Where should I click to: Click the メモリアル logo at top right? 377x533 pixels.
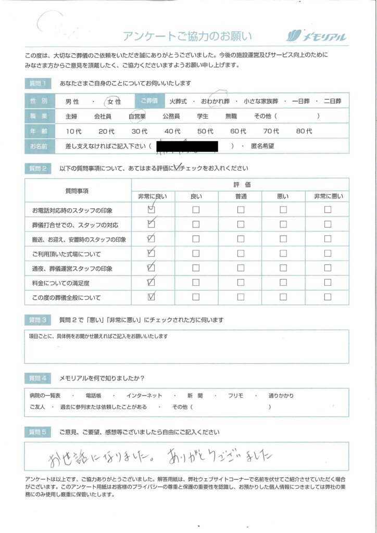click(x=316, y=36)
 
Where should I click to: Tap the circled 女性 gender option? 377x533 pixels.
click(x=114, y=102)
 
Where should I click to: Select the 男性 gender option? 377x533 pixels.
click(x=72, y=102)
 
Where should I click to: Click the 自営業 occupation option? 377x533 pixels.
click(x=137, y=117)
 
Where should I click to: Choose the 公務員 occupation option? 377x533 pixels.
click(x=171, y=117)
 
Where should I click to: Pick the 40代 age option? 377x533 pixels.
click(x=172, y=132)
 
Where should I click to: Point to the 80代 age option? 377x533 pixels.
click(x=304, y=132)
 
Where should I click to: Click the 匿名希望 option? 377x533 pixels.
click(x=262, y=147)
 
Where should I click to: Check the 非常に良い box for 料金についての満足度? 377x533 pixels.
click(x=152, y=283)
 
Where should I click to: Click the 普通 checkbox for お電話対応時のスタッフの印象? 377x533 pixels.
click(x=241, y=210)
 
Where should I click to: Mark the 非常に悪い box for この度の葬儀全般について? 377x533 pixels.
click(x=328, y=298)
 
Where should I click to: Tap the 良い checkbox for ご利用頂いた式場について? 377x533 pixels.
click(x=196, y=254)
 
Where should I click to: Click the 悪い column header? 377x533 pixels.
click(x=283, y=196)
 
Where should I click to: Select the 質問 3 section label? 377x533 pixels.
click(x=38, y=320)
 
